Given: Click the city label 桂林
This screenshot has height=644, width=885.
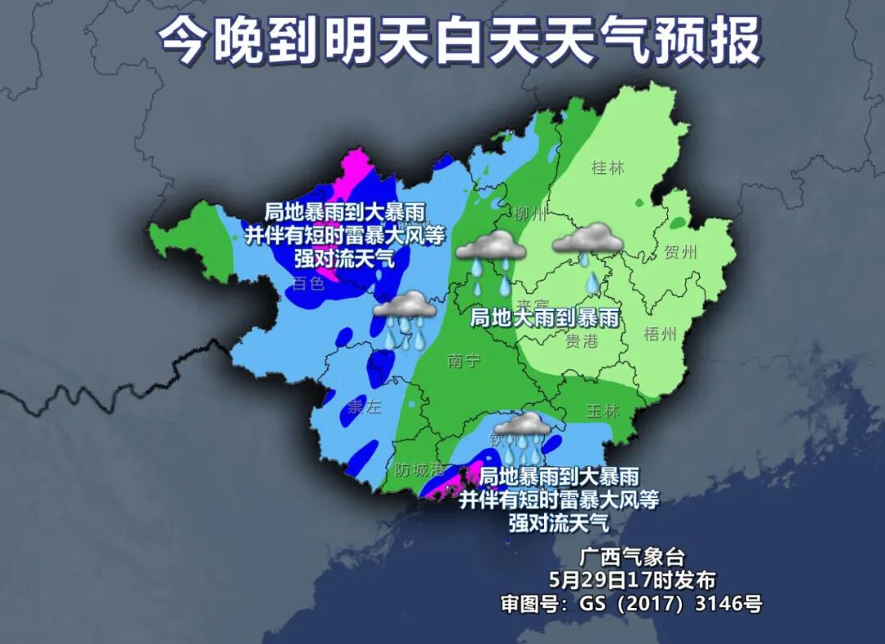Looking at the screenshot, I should click(607, 168).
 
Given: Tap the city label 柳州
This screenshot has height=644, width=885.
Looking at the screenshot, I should click(530, 215).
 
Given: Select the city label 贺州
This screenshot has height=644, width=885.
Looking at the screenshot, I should click(681, 251).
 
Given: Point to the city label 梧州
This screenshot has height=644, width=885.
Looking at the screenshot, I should click(660, 334).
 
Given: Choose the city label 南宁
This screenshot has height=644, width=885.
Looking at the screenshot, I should click(465, 361).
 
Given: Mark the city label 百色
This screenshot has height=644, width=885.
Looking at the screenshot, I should click(308, 284).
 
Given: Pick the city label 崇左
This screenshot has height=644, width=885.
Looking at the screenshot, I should click(365, 408).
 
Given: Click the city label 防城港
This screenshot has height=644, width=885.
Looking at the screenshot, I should click(420, 470).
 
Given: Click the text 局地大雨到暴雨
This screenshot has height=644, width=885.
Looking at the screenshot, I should click(543, 317).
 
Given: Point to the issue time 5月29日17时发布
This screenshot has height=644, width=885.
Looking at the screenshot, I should click(632, 580).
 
